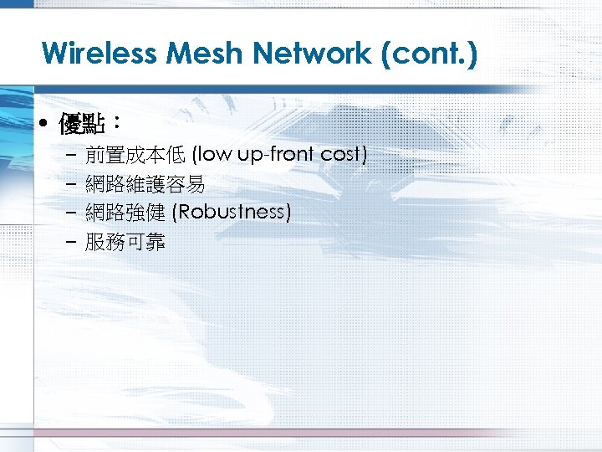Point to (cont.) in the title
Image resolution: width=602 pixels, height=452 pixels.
click(429, 54)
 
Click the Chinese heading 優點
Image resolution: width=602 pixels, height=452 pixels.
click(81, 126)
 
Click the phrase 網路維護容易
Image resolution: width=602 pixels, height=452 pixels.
click(145, 184)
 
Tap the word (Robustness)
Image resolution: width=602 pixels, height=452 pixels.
click(232, 213)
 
